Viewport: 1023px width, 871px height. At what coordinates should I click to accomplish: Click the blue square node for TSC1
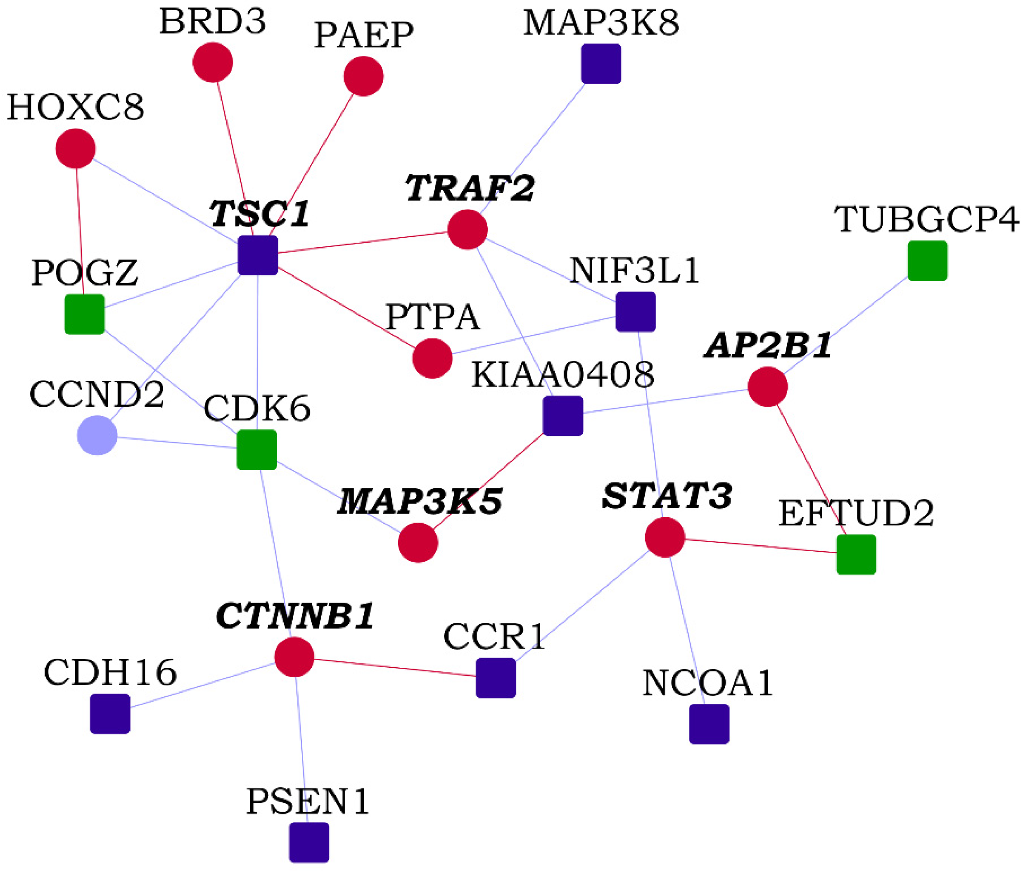[x=258, y=255]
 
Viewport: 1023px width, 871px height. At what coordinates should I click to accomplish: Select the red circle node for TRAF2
[x=467, y=230]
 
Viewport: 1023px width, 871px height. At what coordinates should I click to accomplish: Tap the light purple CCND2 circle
[x=97, y=435]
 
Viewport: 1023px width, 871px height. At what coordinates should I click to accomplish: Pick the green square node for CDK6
[x=257, y=450]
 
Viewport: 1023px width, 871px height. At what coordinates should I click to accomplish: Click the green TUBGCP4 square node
[x=927, y=260]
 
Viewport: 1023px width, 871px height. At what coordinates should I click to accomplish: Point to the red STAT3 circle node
[x=665, y=537]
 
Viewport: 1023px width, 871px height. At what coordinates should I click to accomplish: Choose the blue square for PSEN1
[x=309, y=843]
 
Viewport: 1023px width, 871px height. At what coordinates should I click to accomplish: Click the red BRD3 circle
[x=213, y=62]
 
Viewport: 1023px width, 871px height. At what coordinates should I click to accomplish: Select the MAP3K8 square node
[x=601, y=64]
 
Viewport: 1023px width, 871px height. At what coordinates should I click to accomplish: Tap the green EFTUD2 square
[x=856, y=555]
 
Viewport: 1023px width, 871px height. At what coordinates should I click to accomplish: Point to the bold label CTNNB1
[x=295, y=616]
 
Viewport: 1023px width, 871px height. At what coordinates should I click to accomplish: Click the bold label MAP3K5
[x=420, y=502]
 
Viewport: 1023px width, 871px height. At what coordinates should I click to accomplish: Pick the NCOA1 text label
[x=708, y=684]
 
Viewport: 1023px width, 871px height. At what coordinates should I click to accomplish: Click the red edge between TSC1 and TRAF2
[x=363, y=242]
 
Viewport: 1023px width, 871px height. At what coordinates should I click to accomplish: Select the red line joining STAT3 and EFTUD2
[x=760, y=546]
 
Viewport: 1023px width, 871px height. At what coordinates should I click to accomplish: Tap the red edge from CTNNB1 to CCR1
[x=395, y=667]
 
